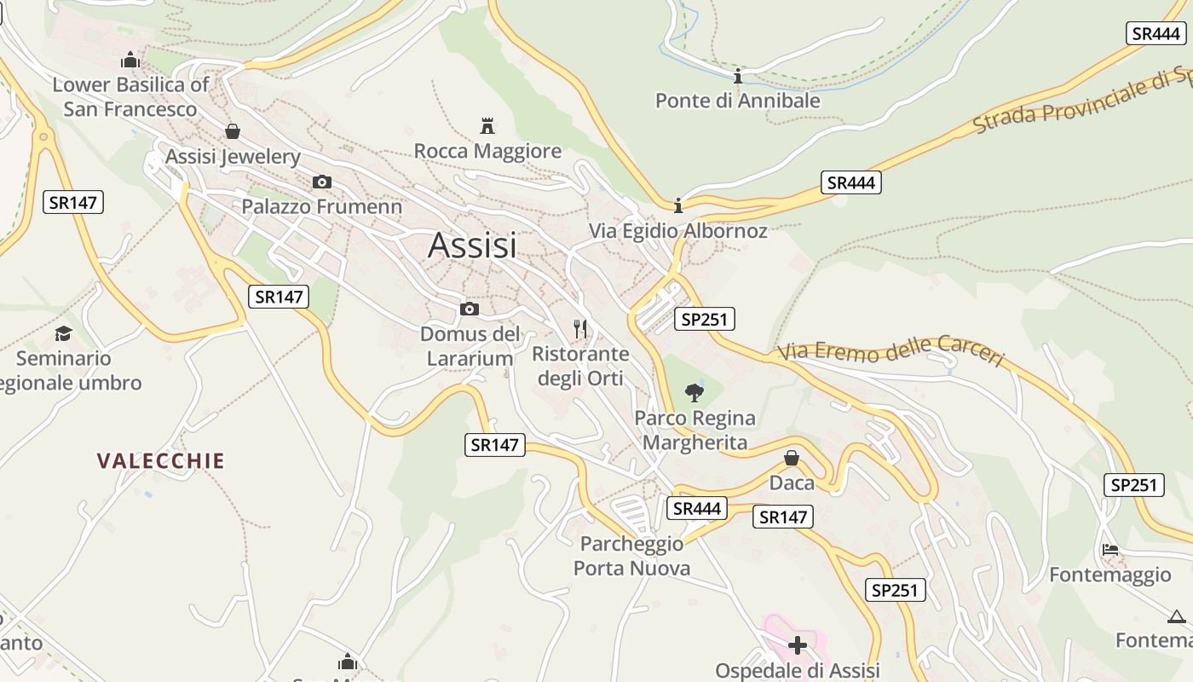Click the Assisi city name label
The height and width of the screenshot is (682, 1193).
click(472, 246)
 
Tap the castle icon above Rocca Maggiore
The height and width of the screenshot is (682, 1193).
click(487, 126)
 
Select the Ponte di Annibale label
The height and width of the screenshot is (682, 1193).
click(737, 101)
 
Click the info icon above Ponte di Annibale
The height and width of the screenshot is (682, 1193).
click(738, 76)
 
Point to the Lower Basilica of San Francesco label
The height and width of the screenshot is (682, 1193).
click(130, 97)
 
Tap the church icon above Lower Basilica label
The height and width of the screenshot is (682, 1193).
click(130, 60)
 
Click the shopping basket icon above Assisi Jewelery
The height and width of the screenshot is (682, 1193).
click(233, 131)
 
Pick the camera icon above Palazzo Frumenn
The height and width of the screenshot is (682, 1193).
click(322, 182)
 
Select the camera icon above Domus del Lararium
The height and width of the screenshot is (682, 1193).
click(470, 309)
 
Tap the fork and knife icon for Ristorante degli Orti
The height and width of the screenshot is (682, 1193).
click(580, 328)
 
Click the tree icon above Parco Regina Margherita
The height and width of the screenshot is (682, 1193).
click(694, 393)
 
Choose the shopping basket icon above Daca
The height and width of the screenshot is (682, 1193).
click(792, 458)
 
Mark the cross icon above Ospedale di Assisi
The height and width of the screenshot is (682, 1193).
click(798, 645)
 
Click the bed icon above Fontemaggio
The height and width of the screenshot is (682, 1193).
click(1109, 550)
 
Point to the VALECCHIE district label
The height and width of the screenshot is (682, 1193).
click(160, 461)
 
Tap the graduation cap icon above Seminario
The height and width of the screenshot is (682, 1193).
click(64, 333)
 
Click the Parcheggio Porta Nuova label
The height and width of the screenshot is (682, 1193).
click(631, 556)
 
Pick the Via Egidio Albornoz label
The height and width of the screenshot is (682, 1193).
click(678, 231)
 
